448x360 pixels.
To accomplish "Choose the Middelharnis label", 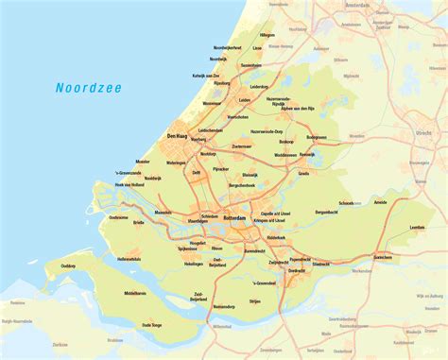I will click(134, 294).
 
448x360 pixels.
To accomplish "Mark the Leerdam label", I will click(417, 228).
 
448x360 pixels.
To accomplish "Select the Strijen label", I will click(255, 301).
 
